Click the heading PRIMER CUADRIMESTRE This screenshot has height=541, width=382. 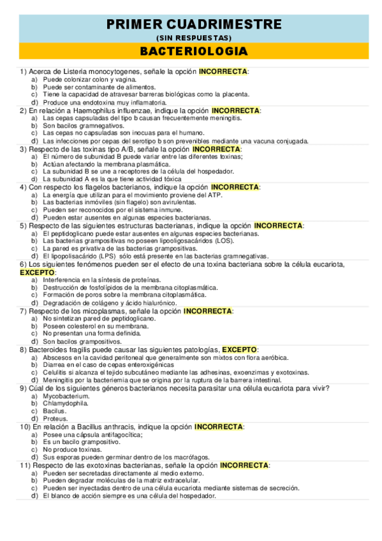[x=193, y=24]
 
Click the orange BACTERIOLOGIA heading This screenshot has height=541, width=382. [x=193, y=50]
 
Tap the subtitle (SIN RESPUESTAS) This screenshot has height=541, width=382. [x=193, y=38]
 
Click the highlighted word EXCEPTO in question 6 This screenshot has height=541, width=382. [x=38, y=272]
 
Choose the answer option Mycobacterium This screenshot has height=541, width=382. [x=66, y=396]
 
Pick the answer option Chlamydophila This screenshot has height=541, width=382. [x=66, y=404]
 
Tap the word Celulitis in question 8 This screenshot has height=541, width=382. [x=56, y=373]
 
